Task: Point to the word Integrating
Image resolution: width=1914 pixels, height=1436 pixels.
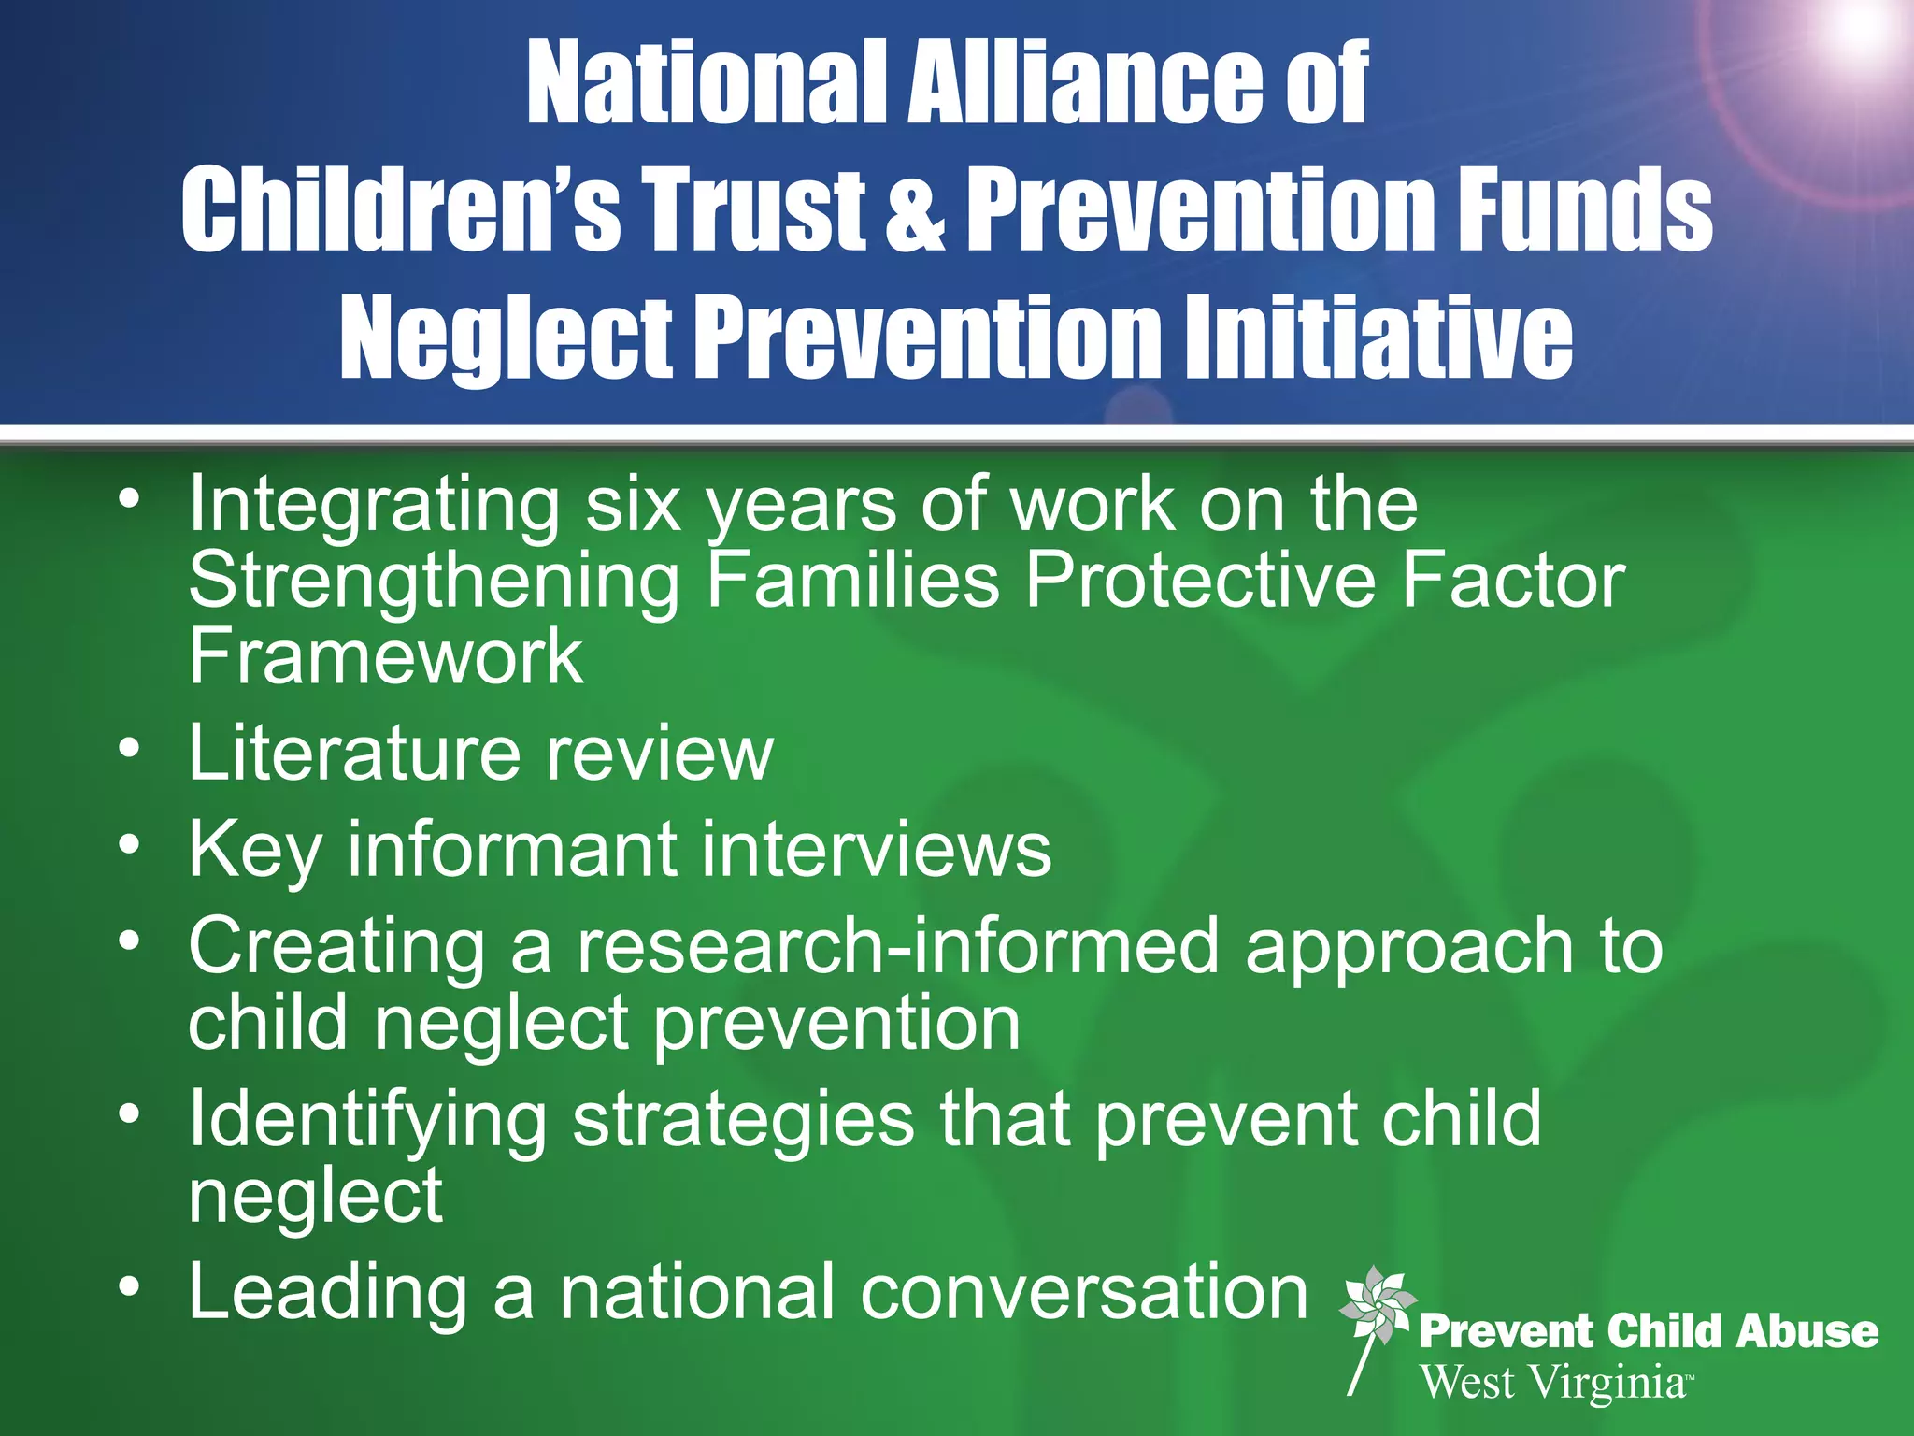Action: (x=374, y=506)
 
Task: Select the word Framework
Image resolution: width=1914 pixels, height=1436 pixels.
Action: (x=386, y=656)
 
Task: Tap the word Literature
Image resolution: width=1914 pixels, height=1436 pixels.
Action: (x=353, y=753)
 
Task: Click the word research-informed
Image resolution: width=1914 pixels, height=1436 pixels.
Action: (x=897, y=946)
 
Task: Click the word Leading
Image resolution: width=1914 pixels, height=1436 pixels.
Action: (x=327, y=1293)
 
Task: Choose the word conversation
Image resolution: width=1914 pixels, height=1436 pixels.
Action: (x=1083, y=1293)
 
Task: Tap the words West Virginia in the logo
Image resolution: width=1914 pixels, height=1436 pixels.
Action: (x=1553, y=1382)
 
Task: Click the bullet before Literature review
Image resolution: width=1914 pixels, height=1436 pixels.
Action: (x=130, y=749)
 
